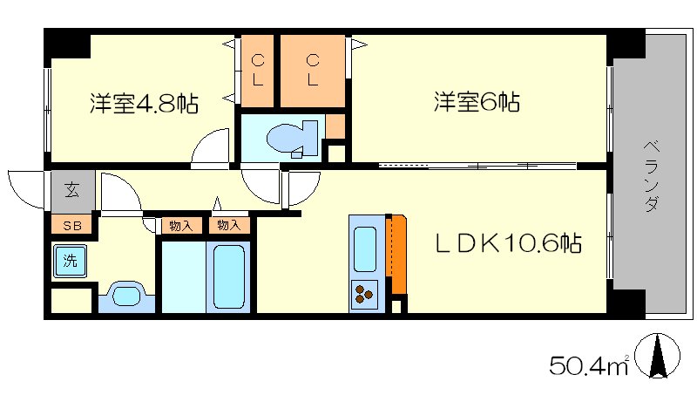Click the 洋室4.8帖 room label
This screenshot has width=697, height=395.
pyautogui.click(x=144, y=105)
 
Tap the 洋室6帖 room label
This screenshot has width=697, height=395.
pyautogui.click(x=477, y=103)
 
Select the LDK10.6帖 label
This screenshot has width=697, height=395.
pyautogui.click(x=509, y=243)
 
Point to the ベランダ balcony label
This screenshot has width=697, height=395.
pyautogui.click(x=651, y=177)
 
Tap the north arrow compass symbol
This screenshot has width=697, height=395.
pyautogui.click(x=659, y=358)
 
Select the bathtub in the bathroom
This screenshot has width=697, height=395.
pyautogui.click(x=229, y=275)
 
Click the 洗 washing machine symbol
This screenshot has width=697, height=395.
pyautogui.click(x=67, y=261)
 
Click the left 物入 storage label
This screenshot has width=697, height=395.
pyautogui.click(x=180, y=226)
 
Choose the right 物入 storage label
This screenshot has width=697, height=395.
pyautogui.click(x=228, y=226)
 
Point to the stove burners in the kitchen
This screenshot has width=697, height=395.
pyautogui.click(x=364, y=296)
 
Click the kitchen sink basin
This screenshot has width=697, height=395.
pyautogui.click(x=364, y=247)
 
